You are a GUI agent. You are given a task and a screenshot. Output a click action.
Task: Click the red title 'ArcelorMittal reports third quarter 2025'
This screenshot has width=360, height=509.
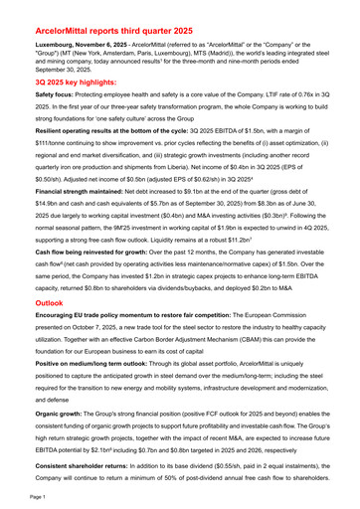click(140, 32)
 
